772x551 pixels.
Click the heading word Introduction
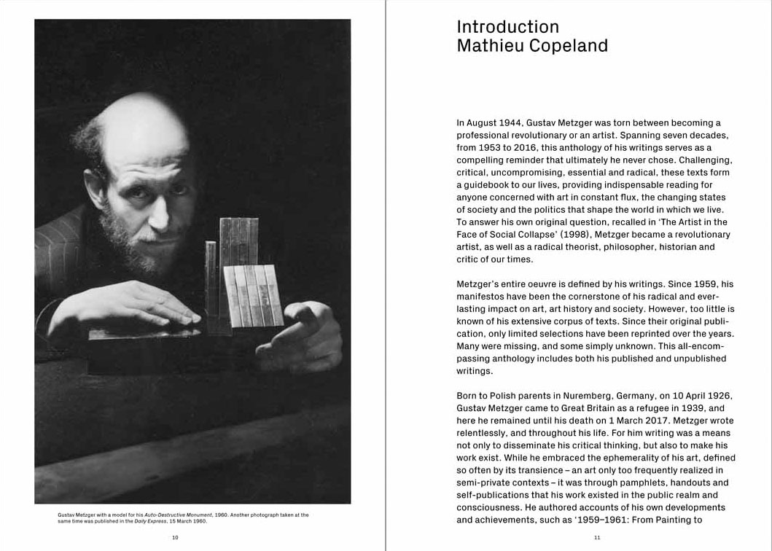pyautogui.click(x=507, y=27)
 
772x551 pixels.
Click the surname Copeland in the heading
pyautogui.click(x=569, y=46)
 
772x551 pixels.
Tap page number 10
pyautogui.click(x=175, y=537)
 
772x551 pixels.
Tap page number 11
pyautogui.click(x=597, y=537)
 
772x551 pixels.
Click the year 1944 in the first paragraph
pyautogui.click(x=519, y=123)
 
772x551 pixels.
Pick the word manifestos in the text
pyautogui.click(x=482, y=297)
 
